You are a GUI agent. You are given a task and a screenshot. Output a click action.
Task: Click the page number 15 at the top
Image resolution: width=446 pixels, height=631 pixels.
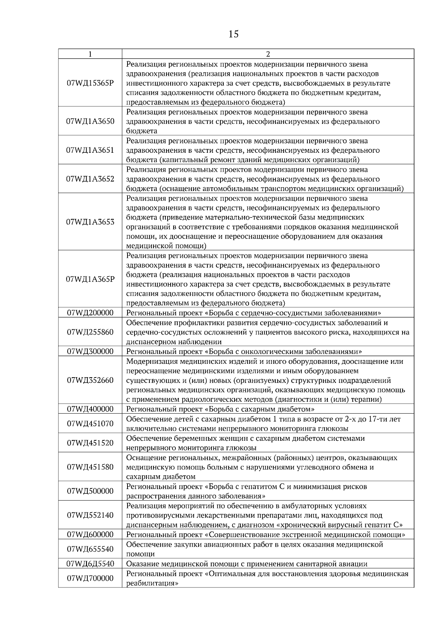pos(233,34)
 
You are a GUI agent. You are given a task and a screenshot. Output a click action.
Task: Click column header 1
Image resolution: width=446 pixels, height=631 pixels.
pos(90,54)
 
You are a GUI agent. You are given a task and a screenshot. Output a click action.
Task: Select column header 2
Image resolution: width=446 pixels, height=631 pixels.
pos(268,54)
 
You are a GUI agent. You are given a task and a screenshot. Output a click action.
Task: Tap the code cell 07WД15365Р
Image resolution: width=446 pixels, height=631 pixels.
pos(90,83)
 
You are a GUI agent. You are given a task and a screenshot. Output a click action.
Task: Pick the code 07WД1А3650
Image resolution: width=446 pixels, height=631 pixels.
pos(90,121)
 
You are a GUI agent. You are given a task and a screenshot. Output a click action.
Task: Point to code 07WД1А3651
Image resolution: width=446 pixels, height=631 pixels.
pos(90,150)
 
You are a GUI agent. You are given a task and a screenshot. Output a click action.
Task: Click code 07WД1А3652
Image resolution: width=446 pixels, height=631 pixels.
pos(90,179)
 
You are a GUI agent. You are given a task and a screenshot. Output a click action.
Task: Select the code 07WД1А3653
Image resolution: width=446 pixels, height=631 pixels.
pos(90,222)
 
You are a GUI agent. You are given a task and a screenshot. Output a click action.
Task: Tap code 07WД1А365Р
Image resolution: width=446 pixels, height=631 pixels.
pos(90,279)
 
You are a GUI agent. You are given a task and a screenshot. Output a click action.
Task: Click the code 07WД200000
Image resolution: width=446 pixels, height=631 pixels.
pos(90,313)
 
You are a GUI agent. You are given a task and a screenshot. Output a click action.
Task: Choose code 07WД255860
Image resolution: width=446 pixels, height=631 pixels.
pos(90,332)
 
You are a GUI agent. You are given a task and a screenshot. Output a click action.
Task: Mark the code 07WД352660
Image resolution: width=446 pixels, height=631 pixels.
pos(90,380)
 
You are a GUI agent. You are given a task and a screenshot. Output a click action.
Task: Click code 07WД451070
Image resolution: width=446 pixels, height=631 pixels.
pos(90,424)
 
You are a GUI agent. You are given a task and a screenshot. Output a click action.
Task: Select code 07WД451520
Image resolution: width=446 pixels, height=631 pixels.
pos(90,443)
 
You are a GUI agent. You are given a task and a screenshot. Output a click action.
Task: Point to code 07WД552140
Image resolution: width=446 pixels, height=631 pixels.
pos(90,515)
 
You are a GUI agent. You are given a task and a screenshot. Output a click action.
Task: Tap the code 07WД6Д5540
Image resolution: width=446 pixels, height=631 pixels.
pos(90,564)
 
